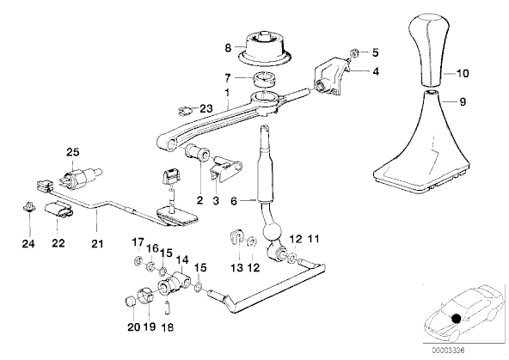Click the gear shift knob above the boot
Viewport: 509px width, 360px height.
(428, 49)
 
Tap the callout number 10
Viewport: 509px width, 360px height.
(463, 73)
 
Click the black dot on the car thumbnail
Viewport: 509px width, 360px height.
(456, 319)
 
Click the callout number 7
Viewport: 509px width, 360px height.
(228, 78)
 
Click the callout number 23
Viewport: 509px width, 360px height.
(205, 108)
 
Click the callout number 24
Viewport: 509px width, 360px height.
(28, 243)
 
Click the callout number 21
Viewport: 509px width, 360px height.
(97, 243)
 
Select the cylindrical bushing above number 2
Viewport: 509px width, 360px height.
(197, 152)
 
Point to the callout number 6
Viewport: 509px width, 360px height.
(234, 201)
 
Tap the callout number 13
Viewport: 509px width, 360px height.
(237, 268)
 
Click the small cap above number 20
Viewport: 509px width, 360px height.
(130, 302)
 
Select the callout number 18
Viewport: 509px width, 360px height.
(168, 327)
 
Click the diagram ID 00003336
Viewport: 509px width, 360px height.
(448, 351)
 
